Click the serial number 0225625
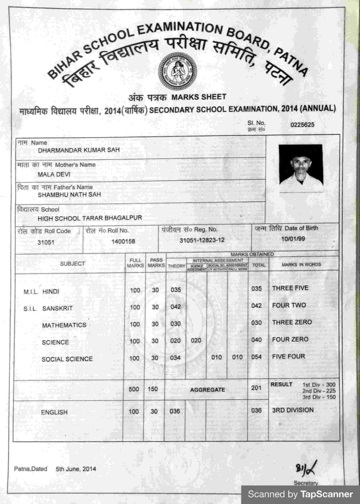coord(302,125)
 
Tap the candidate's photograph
coord(301,168)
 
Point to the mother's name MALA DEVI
coord(54,174)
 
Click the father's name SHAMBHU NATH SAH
coord(69,195)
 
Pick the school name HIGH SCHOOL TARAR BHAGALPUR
coord(90,218)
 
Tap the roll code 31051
coord(46,243)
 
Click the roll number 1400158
coord(123,241)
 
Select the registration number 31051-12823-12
coord(202,240)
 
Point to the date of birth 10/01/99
coord(293,239)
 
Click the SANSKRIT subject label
coord(58,308)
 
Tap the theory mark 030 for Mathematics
coord(176,324)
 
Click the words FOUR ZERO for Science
coord(290,339)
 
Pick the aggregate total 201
coord(256,388)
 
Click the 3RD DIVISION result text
coord(293,410)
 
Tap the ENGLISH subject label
coord(54,412)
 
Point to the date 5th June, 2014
coord(76,469)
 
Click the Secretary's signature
coord(306,469)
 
